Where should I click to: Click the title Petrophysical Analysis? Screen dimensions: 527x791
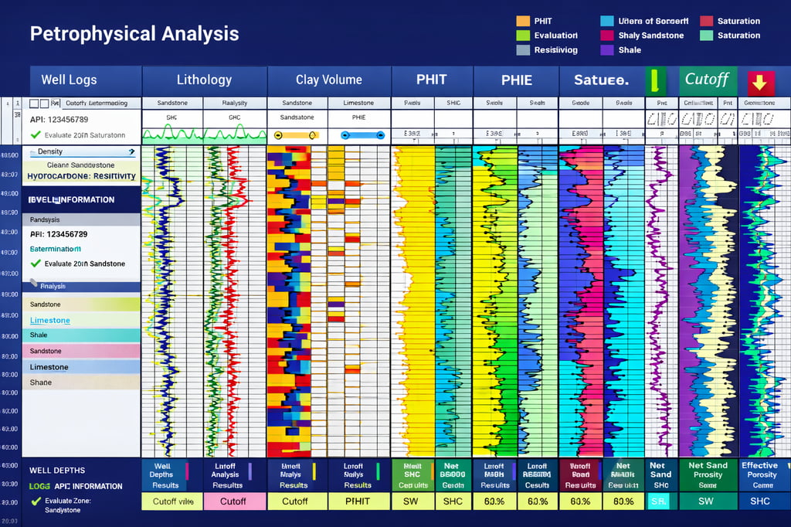pos(134,34)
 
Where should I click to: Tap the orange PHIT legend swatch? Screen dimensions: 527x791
pos(523,22)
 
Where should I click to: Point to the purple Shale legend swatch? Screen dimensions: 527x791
pos(606,50)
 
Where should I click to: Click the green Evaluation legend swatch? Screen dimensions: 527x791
pos(523,36)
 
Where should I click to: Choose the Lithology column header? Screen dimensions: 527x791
pos(204,80)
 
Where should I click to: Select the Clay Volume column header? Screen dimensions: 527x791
pos(329,80)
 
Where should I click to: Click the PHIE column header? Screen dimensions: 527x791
pos(516,80)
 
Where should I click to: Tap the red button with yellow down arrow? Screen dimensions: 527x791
pos(761,82)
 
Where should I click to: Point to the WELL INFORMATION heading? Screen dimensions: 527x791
pos(72,199)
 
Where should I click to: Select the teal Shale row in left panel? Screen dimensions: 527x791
pos(81,335)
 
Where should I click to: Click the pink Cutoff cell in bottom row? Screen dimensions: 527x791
pos(233,501)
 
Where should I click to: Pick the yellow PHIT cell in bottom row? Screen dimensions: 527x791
pos(358,501)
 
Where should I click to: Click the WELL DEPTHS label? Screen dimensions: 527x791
pos(57,471)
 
